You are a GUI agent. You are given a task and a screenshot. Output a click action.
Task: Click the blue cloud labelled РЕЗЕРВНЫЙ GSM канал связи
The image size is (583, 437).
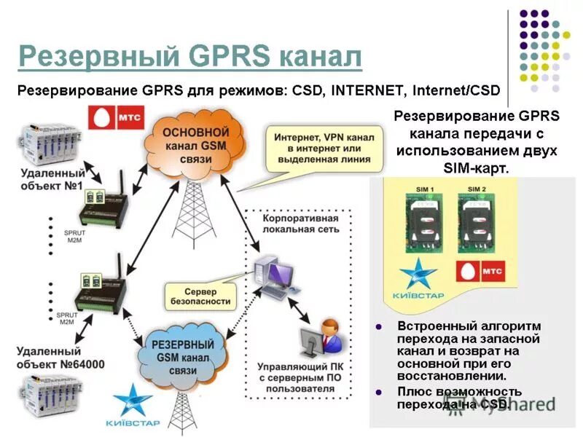point(182,356)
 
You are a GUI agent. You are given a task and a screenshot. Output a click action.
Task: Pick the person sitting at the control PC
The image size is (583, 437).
point(327,334)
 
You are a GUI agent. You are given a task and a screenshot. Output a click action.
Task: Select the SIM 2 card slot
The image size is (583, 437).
point(477,226)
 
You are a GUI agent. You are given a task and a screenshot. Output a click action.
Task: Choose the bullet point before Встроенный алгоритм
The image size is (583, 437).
point(378,326)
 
